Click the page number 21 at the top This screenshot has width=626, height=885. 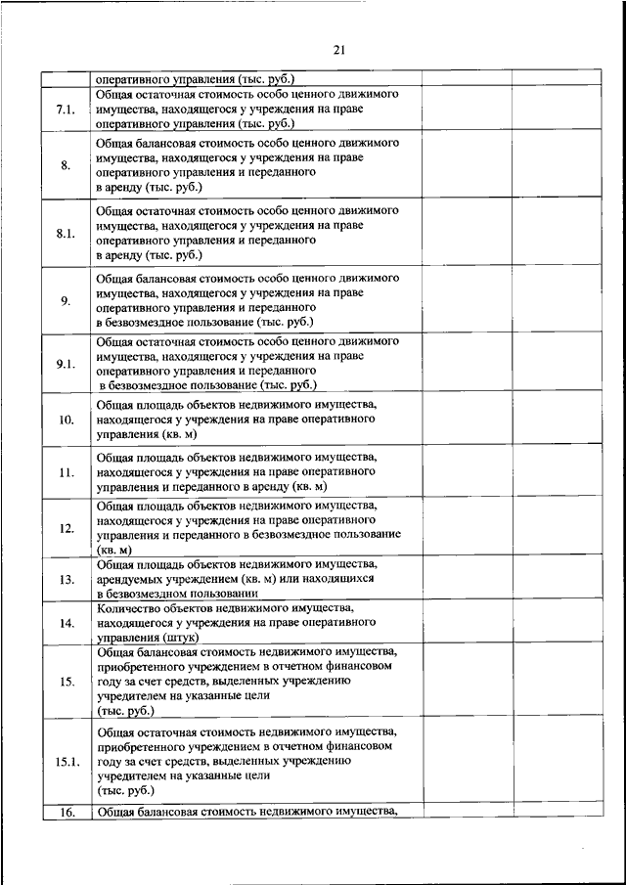338,51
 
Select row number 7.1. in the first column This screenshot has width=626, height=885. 66,109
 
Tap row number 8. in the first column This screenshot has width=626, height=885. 66,164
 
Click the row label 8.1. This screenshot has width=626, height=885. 66,233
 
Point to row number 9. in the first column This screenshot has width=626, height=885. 66,300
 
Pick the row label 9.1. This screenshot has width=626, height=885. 66,363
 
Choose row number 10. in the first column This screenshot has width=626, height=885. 66,420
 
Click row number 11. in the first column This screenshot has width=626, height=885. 66,472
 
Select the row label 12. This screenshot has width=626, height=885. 66,528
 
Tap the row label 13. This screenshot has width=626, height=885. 66,579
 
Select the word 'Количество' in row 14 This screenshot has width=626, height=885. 132,607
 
